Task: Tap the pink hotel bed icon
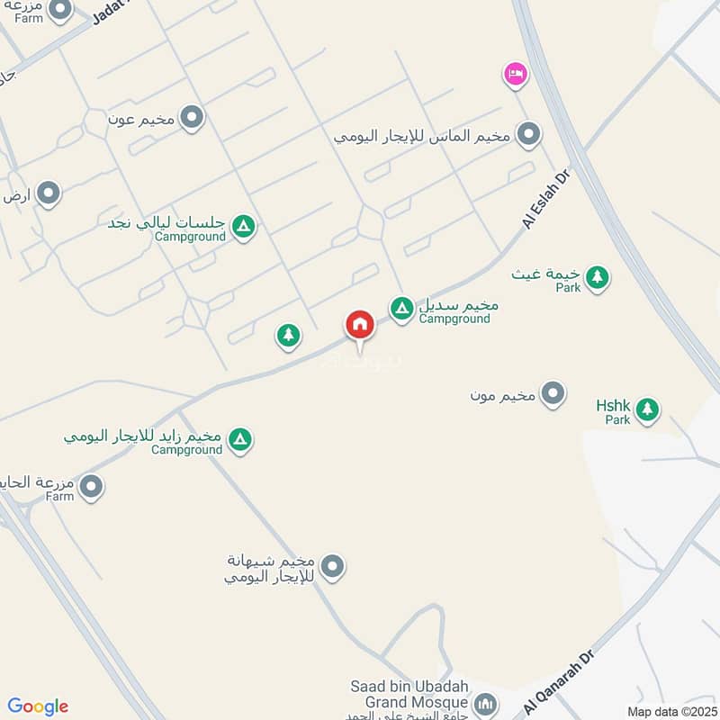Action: click(515, 74)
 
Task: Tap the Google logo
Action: click(38, 706)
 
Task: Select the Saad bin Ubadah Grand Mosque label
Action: click(409, 695)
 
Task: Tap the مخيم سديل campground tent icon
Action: click(402, 310)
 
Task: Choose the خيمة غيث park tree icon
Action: click(596, 277)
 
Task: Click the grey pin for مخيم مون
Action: click(553, 394)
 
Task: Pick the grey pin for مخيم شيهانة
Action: click(333, 567)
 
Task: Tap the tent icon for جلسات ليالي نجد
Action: click(242, 227)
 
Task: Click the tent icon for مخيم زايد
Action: click(239, 439)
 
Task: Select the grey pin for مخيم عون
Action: click(191, 117)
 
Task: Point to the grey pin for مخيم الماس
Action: click(528, 135)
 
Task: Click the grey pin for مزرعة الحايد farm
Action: click(90, 487)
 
